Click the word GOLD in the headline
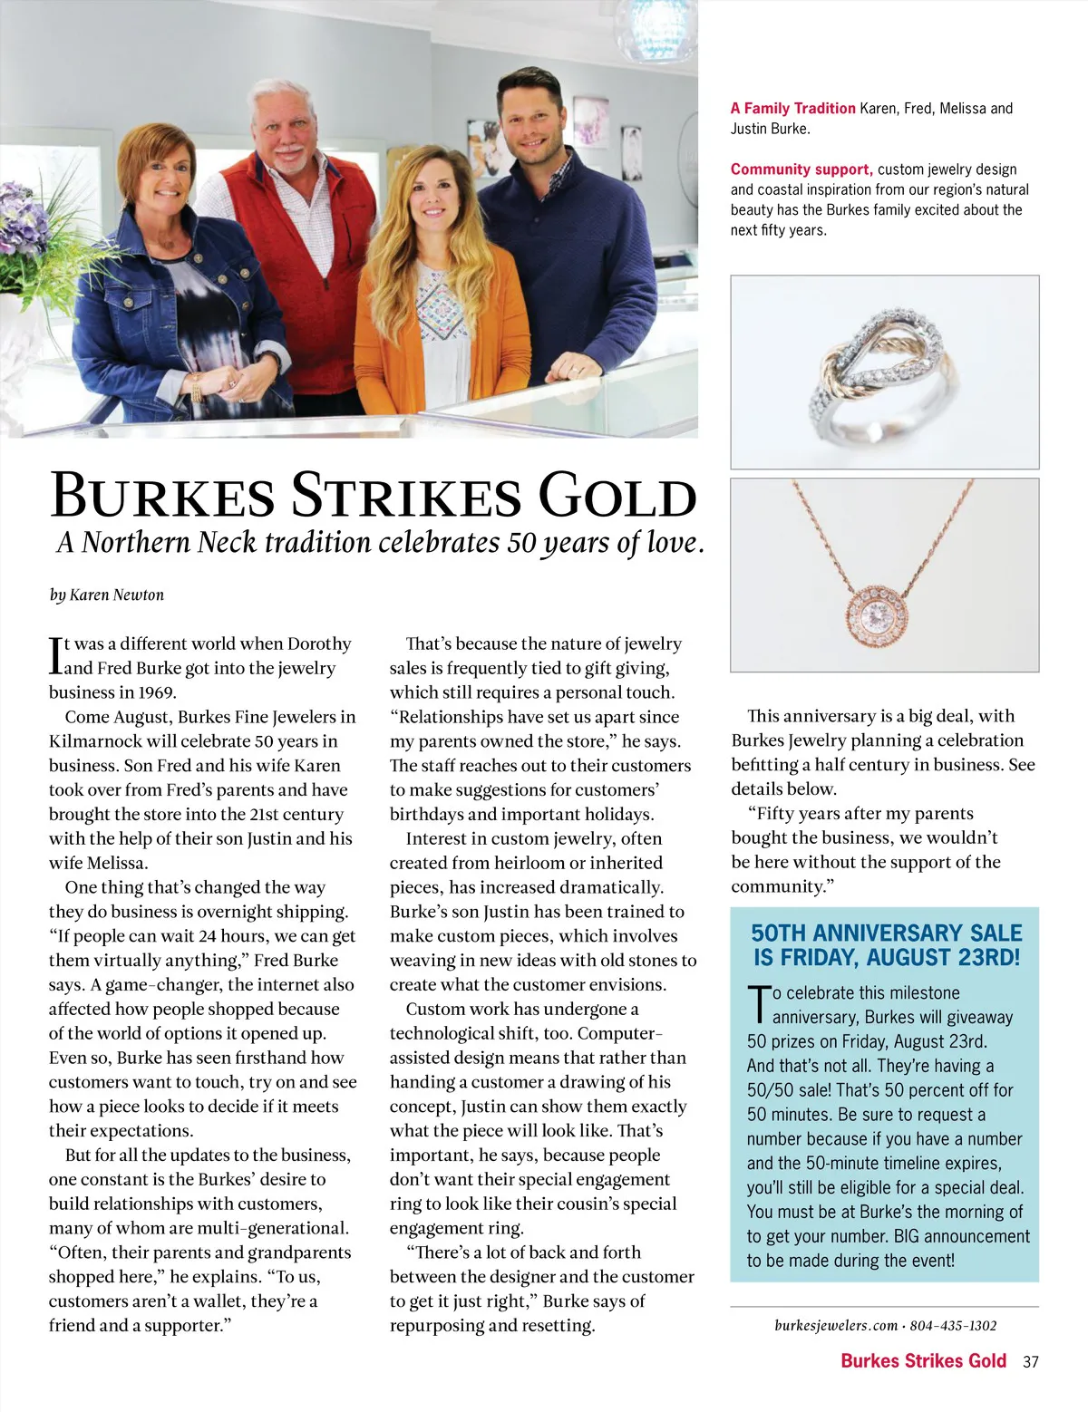(617, 497)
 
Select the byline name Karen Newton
(116, 595)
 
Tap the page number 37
(1031, 1361)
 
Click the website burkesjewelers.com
(836, 1325)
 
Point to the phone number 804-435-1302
(953, 1325)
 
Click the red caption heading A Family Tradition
(793, 109)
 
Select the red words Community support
(801, 169)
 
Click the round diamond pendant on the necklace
(877, 614)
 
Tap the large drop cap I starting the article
(55, 655)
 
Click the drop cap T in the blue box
(759, 1004)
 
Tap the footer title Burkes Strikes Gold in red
(923, 1361)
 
